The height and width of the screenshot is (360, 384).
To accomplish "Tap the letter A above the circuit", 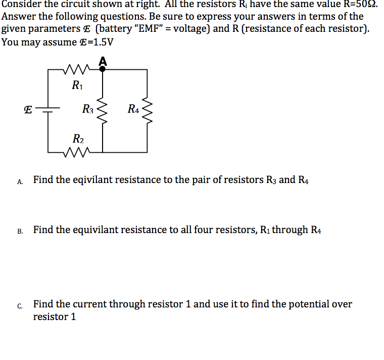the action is coord(103,61).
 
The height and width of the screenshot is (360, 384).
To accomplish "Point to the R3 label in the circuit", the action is coord(88,108).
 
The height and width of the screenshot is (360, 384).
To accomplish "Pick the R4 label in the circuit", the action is coord(133,108).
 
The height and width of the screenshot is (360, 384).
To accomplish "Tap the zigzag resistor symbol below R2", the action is coord(77,151).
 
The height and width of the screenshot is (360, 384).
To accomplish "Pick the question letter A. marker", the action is coord(20,181).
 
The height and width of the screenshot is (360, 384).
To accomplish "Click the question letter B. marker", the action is coord(20,232).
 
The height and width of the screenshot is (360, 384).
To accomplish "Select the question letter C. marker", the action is coord(20,306).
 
